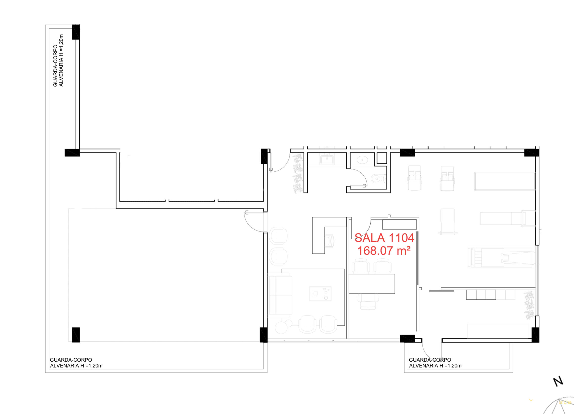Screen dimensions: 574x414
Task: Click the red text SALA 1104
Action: pos(384,238)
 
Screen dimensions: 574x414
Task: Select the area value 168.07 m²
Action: pos(384,251)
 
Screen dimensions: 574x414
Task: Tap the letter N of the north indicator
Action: pos(558,381)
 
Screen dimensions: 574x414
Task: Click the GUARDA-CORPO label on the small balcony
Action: pos(430,360)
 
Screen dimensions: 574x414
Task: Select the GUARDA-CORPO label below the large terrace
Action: pos(71,360)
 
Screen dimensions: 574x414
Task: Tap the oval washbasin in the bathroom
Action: pos(362,160)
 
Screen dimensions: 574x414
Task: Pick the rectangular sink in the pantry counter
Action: pos(327,160)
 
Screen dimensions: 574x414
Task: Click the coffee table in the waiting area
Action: pos(320,294)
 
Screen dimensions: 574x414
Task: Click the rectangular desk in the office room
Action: pos(372,284)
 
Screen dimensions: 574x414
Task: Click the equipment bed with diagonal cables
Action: pos(501,257)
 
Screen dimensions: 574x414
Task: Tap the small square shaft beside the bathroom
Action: pos(382,158)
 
